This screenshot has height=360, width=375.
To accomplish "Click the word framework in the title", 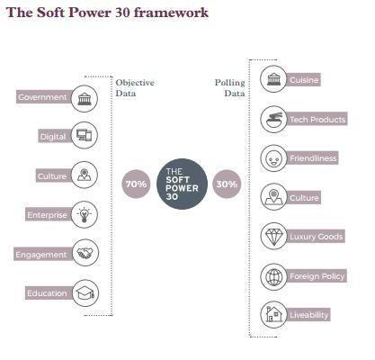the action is pyautogui.click(x=171, y=13).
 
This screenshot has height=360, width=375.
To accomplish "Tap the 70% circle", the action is pyautogui.click(x=136, y=184).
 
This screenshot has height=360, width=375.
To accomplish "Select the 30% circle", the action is pyautogui.click(x=227, y=184).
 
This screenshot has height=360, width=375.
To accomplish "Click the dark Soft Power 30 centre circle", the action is pyautogui.click(x=182, y=184).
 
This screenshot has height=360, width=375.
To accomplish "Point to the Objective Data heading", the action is pyautogui.click(x=135, y=87).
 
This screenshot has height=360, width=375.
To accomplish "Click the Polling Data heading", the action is pyautogui.click(x=230, y=87).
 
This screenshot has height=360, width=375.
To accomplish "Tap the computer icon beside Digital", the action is pyautogui.click(x=85, y=135).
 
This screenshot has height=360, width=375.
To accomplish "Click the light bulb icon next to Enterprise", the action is pyautogui.click(x=85, y=214).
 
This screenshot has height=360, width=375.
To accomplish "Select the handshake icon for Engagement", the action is pyautogui.click(x=85, y=253).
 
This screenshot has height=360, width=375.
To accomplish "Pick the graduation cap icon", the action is pyautogui.click(x=85, y=293).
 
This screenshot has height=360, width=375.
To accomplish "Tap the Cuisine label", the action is pyautogui.click(x=303, y=80).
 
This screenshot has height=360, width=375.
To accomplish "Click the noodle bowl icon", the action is pyautogui.click(x=273, y=119).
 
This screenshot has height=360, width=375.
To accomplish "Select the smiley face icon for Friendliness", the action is pyautogui.click(x=273, y=158).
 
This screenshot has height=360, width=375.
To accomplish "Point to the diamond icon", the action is pyautogui.click(x=273, y=236).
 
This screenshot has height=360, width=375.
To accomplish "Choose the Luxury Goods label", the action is pyautogui.click(x=315, y=237).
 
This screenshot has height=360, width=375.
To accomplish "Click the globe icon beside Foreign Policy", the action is pyautogui.click(x=273, y=276).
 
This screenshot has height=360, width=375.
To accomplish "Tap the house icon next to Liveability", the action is pyautogui.click(x=273, y=315).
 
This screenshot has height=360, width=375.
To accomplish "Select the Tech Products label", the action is pyautogui.click(x=317, y=119).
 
